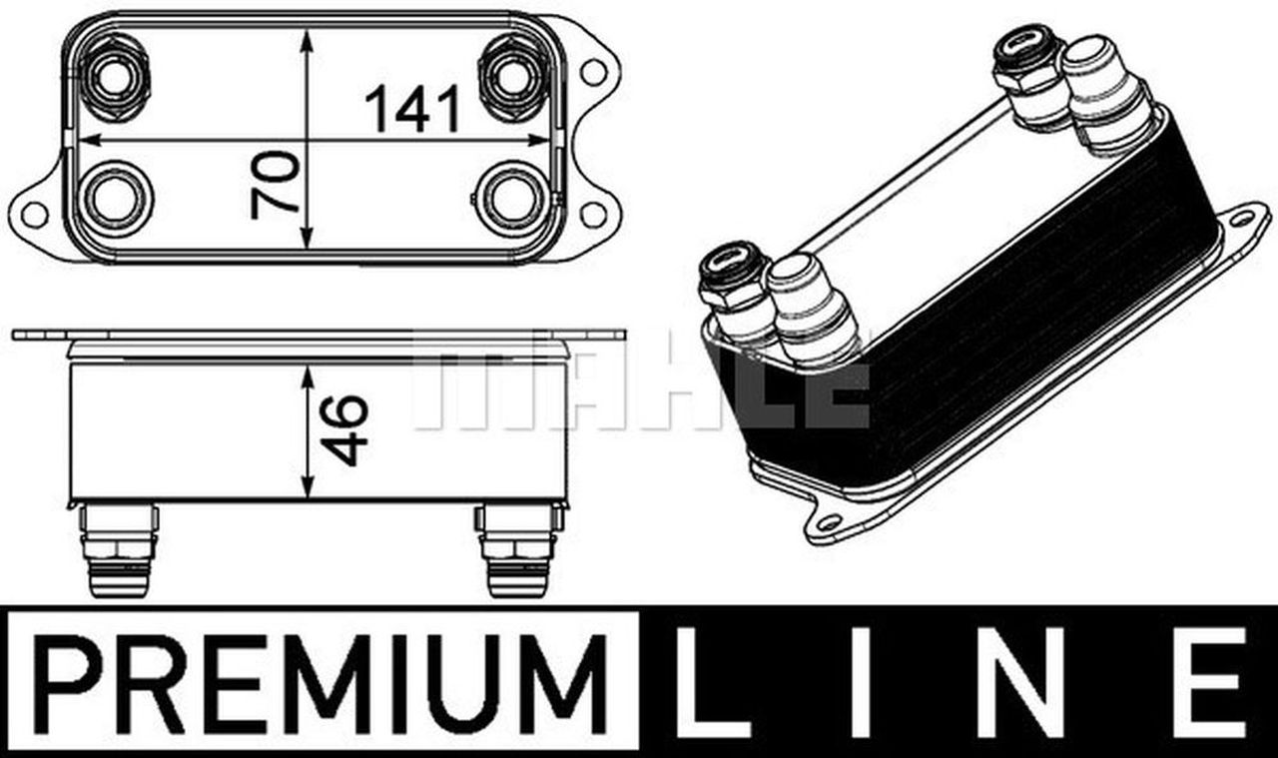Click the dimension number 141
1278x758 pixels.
411,109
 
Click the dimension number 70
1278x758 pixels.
276,184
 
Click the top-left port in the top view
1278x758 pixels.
114,74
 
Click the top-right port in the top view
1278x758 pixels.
513,74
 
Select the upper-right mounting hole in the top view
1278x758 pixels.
593,71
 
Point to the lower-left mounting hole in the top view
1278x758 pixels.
34,213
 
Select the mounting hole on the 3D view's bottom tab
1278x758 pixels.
828,522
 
